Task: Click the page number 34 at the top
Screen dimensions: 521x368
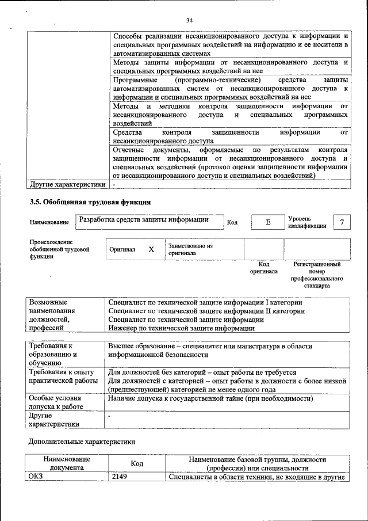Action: pyautogui.click(x=189, y=21)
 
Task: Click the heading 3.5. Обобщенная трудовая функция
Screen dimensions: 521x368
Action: pyautogui.click(x=90, y=202)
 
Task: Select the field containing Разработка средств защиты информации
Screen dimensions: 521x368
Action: pyautogui.click(x=144, y=220)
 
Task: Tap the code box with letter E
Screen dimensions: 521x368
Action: pyautogui.click(x=267, y=222)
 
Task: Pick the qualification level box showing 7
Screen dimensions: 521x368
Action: pyautogui.click(x=343, y=222)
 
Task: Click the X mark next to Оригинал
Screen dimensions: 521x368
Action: pyautogui.click(x=151, y=250)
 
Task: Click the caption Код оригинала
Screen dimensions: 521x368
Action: pyautogui.click(x=263, y=268)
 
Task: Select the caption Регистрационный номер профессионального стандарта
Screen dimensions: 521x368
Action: pyautogui.click(x=316, y=275)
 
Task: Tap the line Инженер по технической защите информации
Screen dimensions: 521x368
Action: pyautogui.click(x=182, y=328)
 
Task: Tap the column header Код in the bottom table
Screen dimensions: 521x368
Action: pyautogui.click(x=137, y=463)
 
